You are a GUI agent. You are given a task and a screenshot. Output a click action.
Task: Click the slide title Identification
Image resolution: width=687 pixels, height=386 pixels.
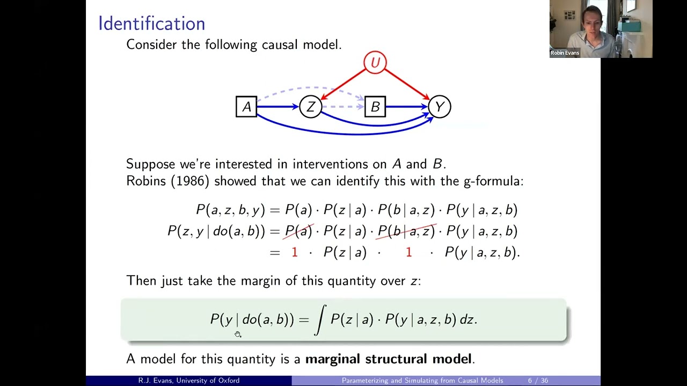[151, 24]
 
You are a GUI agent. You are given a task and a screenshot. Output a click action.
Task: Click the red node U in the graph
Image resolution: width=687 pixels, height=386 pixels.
[375, 63]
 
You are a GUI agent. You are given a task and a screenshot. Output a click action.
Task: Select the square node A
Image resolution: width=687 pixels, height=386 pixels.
[246, 107]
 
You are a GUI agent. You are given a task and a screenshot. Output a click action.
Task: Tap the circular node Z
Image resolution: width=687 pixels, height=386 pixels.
[310, 107]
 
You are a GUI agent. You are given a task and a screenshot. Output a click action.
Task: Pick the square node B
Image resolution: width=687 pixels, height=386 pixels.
[375, 107]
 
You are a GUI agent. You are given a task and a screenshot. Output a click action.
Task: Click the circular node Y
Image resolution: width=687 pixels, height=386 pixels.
[439, 107]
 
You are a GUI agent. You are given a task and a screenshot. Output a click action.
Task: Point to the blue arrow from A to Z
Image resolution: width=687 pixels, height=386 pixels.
[278, 107]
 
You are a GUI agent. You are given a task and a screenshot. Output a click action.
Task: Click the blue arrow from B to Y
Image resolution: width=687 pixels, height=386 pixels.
[407, 107]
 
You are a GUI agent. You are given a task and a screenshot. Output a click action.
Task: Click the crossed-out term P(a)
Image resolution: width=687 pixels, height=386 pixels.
[298, 231]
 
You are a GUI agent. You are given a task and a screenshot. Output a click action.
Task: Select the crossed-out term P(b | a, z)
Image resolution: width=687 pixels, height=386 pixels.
[406, 231]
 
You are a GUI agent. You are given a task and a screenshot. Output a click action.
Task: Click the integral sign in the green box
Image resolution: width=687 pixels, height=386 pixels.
[320, 320]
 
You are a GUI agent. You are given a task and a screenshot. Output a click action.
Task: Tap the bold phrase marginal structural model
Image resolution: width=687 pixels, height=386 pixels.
[388, 359]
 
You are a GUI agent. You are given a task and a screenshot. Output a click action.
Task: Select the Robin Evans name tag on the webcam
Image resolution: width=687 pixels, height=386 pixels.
[565, 53]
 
